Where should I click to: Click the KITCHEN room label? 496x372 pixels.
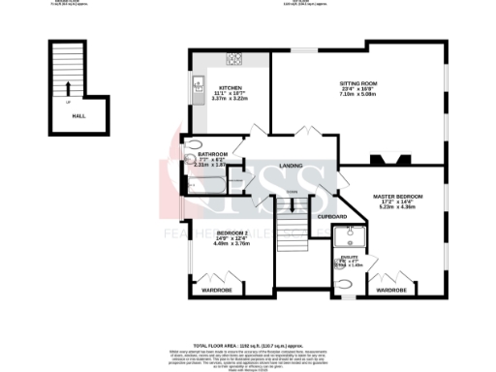230,87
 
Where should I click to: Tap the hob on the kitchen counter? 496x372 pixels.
233,58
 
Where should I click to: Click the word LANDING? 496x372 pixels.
291,166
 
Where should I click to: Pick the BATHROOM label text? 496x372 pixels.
212,154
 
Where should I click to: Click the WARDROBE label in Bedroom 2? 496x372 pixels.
215,290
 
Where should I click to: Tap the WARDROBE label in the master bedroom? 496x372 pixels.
390,290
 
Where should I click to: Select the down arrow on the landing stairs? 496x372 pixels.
292,208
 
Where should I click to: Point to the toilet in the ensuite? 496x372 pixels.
346,285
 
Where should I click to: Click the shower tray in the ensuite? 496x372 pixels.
346,236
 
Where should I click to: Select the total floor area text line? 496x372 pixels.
248,345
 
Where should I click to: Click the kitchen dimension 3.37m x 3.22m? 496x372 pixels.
231,99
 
